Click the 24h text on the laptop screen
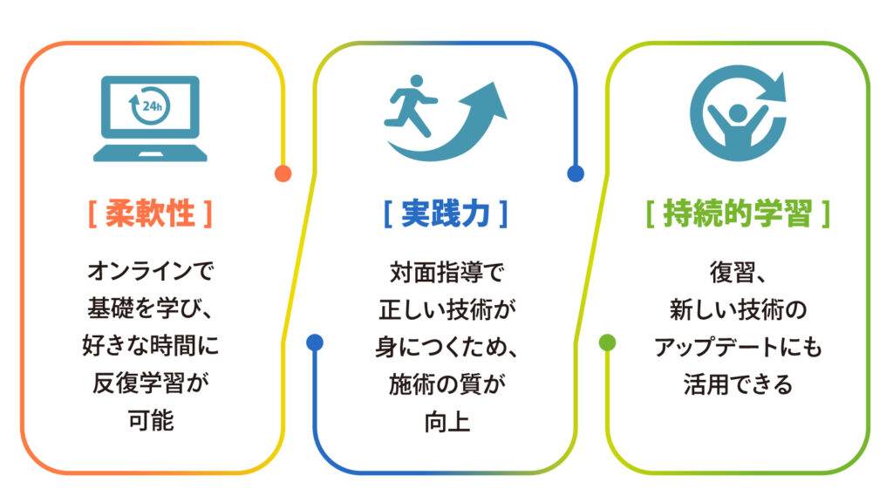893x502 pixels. [x=153, y=106]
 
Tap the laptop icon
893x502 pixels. [x=150, y=119]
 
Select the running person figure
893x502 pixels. [x=410, y=105]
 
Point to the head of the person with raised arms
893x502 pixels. [x=738, y=112]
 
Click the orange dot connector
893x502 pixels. [x=283, y=173]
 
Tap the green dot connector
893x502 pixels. [x=608, y=343]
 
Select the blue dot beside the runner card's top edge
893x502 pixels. [x=576, y=173]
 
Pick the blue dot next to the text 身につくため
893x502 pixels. [x=315, y=343]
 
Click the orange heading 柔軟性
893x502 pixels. [x=150, y=214]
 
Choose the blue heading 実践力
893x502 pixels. [x=446, y=214]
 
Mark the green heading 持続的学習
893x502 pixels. [x=738, y=214]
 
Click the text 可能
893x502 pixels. [x=150, y=421]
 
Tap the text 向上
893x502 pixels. [x=446, y=423]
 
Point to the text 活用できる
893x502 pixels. [x=738, y=384]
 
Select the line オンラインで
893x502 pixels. [x=150, y=271]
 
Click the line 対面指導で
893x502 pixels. [x=446, y=273]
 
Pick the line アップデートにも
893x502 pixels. [x=738, y=347]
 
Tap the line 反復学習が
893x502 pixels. [x=150, y=383]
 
